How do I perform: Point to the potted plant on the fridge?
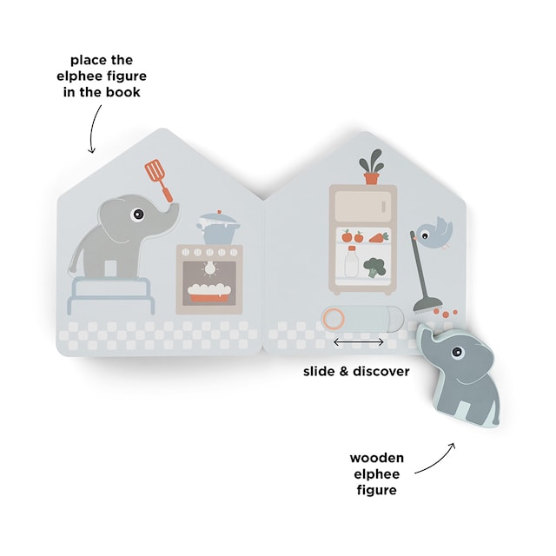pos(371,168)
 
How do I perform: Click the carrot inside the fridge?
pos(379,235)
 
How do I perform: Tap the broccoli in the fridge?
pos(374,266)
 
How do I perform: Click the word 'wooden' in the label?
pos(377,457)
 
